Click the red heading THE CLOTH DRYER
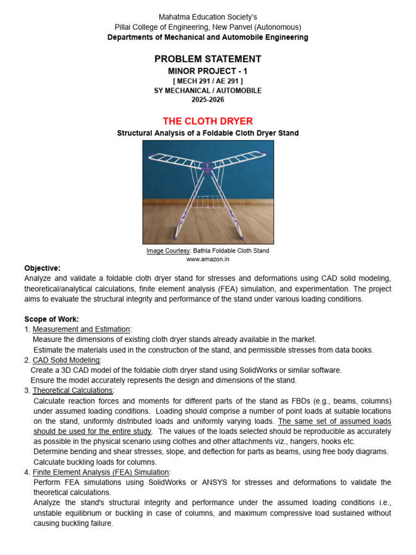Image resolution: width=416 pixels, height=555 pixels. coord(208,121)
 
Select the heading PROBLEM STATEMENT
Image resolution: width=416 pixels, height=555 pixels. coord(208,59)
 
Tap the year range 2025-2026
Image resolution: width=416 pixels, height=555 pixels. coord(208,100)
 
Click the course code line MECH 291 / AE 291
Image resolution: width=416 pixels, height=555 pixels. coord(208,81)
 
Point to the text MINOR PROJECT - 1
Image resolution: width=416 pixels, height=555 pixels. coord(208,71)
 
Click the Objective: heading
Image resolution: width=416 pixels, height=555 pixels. coord(42,268)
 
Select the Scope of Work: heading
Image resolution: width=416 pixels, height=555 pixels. coord(51,319)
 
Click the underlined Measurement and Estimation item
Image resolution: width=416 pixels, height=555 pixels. coord(81,330)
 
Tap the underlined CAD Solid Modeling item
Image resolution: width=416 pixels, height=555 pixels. coord(66,360)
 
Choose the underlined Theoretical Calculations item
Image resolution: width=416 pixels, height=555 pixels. coord(73,390)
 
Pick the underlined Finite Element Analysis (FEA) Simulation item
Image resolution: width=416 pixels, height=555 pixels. coord(101,472)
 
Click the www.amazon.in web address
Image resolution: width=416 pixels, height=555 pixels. coord(208,259)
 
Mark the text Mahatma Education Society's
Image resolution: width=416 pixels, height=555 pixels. coord(208,17)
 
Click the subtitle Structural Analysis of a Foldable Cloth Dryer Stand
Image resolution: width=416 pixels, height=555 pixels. coord(208,133)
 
